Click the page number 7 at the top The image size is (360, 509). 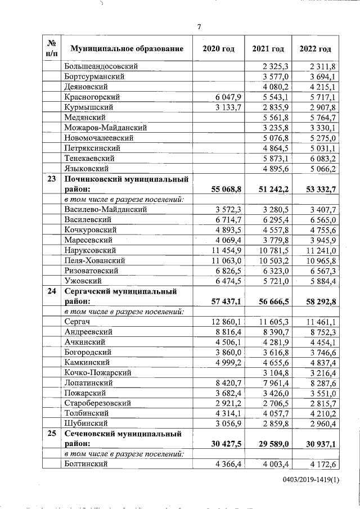199,26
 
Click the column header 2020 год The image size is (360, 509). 218,49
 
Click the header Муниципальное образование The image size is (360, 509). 127,49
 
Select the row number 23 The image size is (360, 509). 51,179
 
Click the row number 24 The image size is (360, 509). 51,291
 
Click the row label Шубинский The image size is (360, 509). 86,423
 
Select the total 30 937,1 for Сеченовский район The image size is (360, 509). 318,444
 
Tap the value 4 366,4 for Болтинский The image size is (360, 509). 228,464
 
